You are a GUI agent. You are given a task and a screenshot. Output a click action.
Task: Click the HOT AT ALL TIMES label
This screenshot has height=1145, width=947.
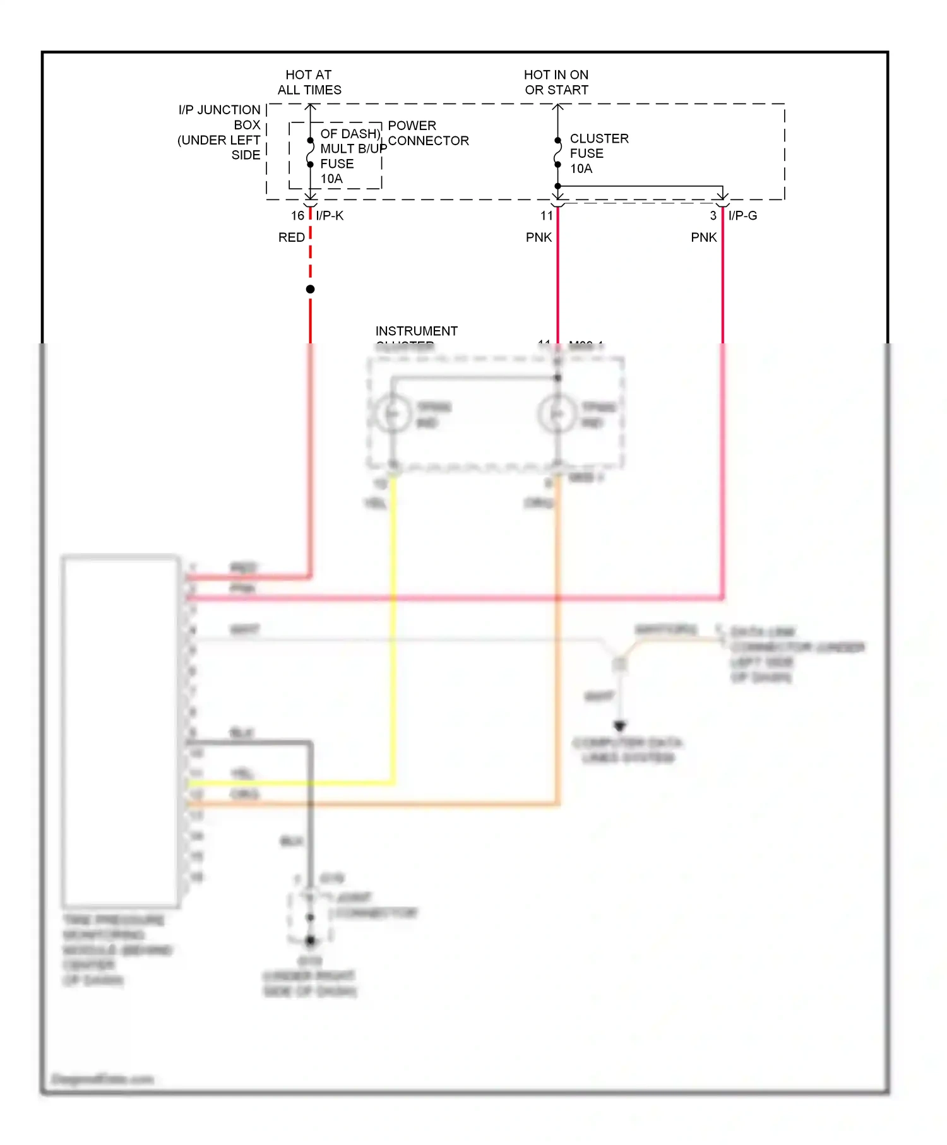(309, 83)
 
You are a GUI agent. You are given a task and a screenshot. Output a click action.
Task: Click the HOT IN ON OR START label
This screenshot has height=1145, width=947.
(556, 83)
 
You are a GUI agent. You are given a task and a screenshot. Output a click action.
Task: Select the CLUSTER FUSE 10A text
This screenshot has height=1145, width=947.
(598, 153)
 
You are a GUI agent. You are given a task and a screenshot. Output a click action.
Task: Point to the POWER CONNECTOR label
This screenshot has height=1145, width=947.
(428, 133)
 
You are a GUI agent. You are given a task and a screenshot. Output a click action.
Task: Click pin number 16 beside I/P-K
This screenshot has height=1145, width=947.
(297, 216)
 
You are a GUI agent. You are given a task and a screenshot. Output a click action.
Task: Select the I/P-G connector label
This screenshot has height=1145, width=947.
(742, 216)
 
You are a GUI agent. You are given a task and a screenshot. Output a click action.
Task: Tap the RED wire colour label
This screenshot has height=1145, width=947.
(291, 237)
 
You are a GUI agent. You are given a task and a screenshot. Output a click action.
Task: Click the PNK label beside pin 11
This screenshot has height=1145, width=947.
(539, 237)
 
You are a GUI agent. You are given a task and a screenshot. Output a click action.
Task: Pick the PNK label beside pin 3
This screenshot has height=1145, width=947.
(703, 237)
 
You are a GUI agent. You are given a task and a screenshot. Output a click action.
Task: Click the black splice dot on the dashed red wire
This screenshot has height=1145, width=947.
(310, 289)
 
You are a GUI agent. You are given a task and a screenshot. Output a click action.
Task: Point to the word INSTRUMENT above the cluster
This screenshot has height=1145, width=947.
(416, 331)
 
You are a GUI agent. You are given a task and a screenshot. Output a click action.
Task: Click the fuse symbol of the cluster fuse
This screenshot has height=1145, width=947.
(557, 153)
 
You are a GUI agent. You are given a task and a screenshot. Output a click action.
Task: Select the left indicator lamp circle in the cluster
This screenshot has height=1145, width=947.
(393, 414)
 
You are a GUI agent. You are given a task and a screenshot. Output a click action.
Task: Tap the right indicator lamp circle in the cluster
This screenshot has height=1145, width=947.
(557, 414)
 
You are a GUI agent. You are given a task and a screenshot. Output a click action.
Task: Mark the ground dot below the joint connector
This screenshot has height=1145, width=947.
(310, 940)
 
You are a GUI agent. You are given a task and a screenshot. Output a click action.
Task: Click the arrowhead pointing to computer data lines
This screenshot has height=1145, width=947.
(619, 727)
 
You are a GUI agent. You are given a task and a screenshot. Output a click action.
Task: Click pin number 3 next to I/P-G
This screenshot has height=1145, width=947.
(713, 216)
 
